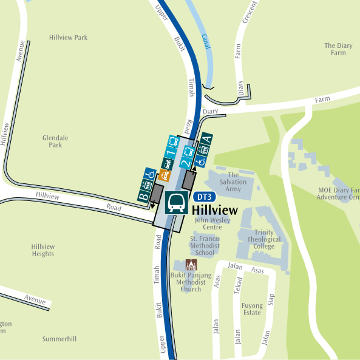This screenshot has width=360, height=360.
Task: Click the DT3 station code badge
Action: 205,197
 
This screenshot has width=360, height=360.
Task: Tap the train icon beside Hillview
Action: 177,203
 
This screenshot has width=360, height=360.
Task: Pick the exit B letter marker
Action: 144,195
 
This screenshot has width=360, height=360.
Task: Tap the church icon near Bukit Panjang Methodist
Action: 191,265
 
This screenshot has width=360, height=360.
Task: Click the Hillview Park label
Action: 68,38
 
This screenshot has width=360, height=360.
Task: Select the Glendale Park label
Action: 55,141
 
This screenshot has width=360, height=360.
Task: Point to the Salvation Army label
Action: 234,182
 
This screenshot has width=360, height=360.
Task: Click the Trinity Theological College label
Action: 264,239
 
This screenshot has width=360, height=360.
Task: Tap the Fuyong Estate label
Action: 251,309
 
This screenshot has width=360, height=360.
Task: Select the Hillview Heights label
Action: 42,250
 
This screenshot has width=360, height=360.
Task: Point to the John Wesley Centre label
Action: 212,223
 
